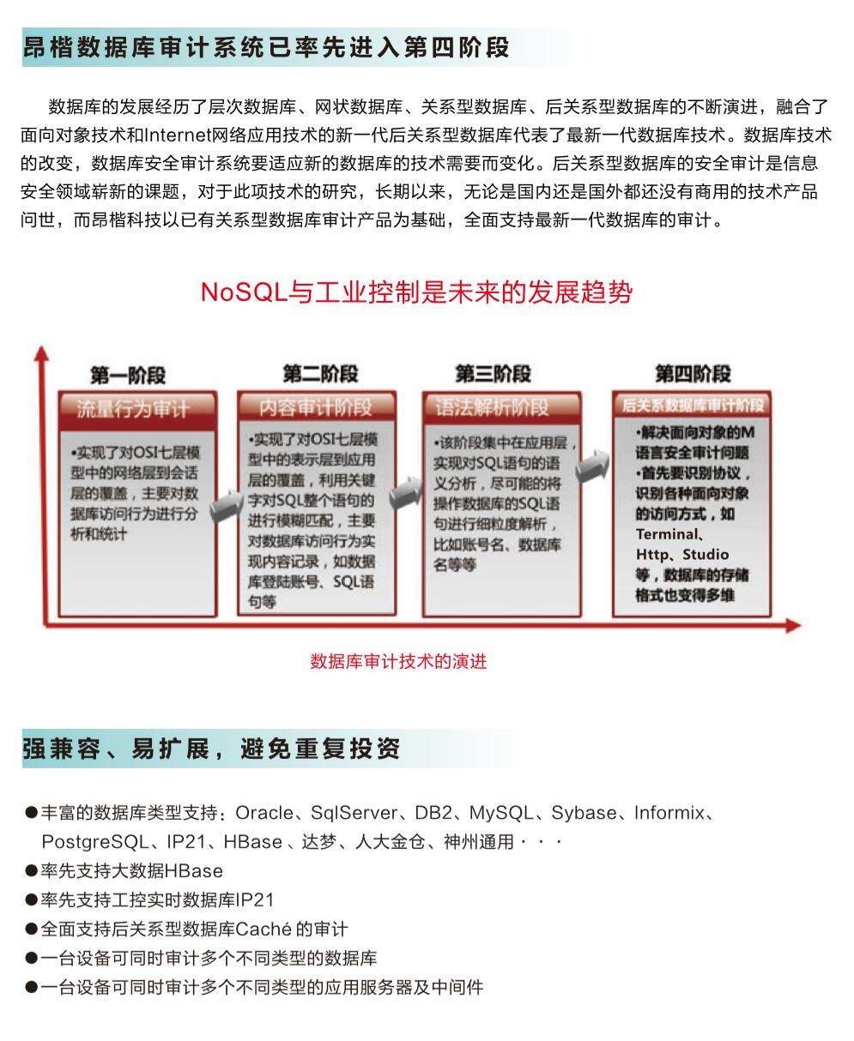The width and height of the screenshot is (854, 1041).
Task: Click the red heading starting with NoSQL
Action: (x=416, y=292)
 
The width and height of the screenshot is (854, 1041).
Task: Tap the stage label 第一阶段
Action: (x=128, y=376)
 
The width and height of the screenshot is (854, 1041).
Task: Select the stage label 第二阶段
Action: (x=320, y=374)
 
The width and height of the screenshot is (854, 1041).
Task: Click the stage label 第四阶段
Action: (x=693, y=374)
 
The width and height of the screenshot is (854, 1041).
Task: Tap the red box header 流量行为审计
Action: (x=133, y=408)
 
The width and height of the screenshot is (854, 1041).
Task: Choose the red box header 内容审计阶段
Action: (x=316, y=406)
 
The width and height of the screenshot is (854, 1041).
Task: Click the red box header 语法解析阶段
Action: (x=493, y=406)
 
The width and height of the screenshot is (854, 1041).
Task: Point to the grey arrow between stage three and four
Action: (x=592, y=468)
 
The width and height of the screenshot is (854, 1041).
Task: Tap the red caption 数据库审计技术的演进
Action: (x=398, y=661)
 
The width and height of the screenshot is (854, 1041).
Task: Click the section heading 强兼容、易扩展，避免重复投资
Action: (x=211, y=749)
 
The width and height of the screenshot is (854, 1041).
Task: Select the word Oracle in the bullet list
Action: (x=263, y=813)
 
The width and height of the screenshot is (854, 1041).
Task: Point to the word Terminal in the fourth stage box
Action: (x=668, y=534)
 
